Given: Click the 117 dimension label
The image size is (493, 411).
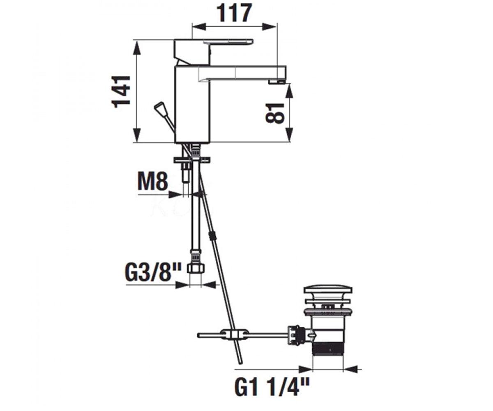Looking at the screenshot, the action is [x=235, y=13].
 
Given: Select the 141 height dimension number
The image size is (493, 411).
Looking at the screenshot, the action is [x=121, y=92].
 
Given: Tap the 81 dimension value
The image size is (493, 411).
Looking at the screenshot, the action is [x=274, y=113].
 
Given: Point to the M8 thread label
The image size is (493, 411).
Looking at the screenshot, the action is [x=153, y=181].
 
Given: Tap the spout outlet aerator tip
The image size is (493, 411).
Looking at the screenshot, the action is [x=277, y=82].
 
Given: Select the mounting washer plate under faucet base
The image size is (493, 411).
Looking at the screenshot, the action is [x=192, y=159].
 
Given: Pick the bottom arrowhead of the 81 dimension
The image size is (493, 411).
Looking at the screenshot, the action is [x=290, y=134].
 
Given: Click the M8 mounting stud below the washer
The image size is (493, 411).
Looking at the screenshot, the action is [x=186, y=172].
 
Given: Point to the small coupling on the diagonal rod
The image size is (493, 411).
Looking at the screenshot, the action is [x=212, y=236].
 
